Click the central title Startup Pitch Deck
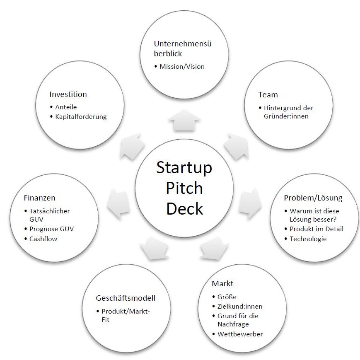coord(184,188)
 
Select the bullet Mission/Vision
coord(182,66)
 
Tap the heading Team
coord(268,95)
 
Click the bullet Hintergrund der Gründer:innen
coord(288,112)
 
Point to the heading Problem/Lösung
coord(313,198)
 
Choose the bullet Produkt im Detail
coord(316,229)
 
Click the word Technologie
coord(308,239)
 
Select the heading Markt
coord(222,284)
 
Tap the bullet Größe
coord(227,297)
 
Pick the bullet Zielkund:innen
coord(240,306)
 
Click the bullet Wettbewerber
coord(240,334)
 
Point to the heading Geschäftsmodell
coord(126,298)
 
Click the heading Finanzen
coord(39,198)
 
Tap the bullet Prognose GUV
coord(51,229)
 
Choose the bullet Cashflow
coord(43,239)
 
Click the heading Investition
coord(68,94)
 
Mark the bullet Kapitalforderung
coord(81,116)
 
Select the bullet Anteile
coord(66,107)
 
